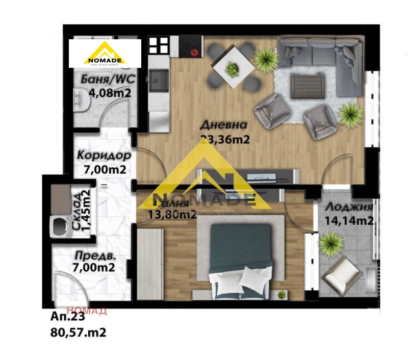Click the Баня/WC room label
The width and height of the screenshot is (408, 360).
click(105, 80)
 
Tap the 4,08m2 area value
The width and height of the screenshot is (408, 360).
click(110, 93)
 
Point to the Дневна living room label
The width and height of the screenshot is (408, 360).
click(224, 125)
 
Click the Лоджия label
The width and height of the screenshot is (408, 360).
click(348, 207)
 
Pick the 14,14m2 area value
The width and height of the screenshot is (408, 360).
click(349, 221)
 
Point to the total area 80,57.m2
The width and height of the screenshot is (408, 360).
click(79, 332)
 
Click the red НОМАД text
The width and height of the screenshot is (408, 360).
click(87, 310)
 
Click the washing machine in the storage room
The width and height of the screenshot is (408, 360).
click(59, 224)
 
